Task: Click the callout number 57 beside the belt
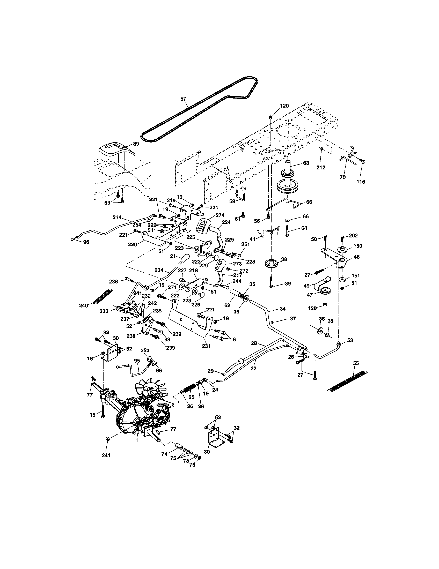pyautogui.click(x=183, y=99)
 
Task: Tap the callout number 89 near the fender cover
pyautogui.click(x=136, y=144)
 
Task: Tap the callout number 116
pyautogui.click(x=361, y=182)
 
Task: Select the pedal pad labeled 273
pyautogui.click(x=218, y=265)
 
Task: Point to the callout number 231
pyautogui.click(x=206, y=346)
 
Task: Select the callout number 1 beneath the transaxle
pyautogui.click(x=136, y=440)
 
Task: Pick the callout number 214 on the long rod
pyautogui.click(x=117, y=217)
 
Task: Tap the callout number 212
pyautogui.click(x=321, y=168)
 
